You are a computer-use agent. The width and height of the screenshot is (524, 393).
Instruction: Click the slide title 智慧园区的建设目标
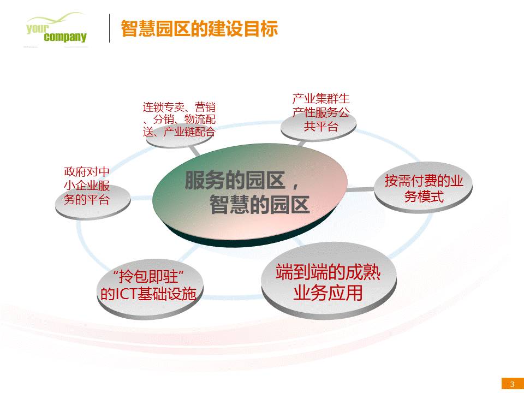[199, 28]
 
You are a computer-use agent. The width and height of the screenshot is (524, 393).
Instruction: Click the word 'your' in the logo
[37, 28]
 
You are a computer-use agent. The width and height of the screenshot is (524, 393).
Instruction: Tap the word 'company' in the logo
[65, 37]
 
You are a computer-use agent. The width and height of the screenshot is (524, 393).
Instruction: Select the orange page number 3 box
[513, 384]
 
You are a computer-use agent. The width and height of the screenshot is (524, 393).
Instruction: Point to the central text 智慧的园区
[259, 205]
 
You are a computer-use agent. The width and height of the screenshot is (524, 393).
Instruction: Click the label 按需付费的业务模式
[424, 188]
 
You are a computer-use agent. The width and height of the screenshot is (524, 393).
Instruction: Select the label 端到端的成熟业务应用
[328, 282]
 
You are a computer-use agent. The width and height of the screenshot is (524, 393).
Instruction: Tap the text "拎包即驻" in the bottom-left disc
[148, 277]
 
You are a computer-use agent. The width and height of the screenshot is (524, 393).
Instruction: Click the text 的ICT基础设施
[148, 294]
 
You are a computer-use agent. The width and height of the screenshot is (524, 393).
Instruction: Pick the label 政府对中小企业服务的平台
[87, 186]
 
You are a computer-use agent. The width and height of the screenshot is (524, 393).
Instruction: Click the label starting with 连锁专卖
[179, 120]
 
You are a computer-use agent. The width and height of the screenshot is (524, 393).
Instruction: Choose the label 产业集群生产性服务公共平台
[321, 112]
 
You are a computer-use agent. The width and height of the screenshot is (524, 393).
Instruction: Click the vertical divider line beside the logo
[109, 28]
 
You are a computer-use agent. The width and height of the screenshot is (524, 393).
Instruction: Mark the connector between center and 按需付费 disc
[360, 189]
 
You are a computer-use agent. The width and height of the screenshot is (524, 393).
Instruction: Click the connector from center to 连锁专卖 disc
[195, 151]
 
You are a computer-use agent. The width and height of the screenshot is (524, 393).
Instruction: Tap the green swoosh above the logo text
[55, 19]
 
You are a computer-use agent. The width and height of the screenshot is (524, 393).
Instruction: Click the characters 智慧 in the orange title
[138, 28]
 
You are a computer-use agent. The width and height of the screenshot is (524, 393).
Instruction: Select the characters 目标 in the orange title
[261, 28]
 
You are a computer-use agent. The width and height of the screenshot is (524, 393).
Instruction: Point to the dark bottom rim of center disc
[247, 240]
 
